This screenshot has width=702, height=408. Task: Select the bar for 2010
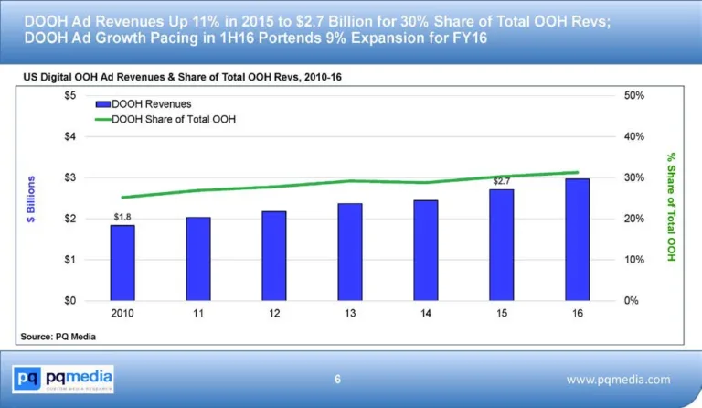[122, 263]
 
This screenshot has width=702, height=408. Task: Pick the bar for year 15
[502, 245]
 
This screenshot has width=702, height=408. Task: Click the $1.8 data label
[122, 217]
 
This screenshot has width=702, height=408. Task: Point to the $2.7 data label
[502, 181]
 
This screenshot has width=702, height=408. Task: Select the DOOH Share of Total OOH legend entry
[170, 119]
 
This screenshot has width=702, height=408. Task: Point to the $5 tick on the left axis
[69, 95]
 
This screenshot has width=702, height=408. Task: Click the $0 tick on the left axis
[69, 300]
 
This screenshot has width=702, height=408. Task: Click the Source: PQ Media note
[58, 338]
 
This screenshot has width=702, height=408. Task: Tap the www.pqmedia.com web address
[618, 380]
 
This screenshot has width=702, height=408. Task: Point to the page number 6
[337, 380]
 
